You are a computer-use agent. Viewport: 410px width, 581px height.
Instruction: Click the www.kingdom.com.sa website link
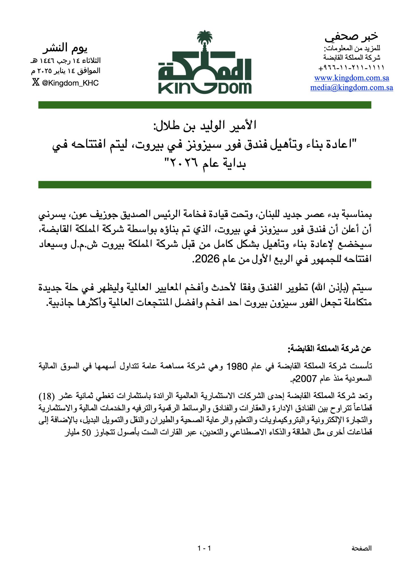coord(352,78)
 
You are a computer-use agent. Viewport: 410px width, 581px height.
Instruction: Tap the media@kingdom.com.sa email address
coord(352,87)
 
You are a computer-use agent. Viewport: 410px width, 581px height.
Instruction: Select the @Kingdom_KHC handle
coord(70,83)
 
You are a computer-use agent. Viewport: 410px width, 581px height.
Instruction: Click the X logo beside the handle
coord(35,83)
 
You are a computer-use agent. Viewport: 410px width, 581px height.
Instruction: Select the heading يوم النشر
coord(65,48)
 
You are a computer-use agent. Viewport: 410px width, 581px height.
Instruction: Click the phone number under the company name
coord(352,68)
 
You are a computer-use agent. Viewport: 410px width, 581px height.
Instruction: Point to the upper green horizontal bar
coord(205,105)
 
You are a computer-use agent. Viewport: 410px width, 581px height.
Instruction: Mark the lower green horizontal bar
coord(205,185)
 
